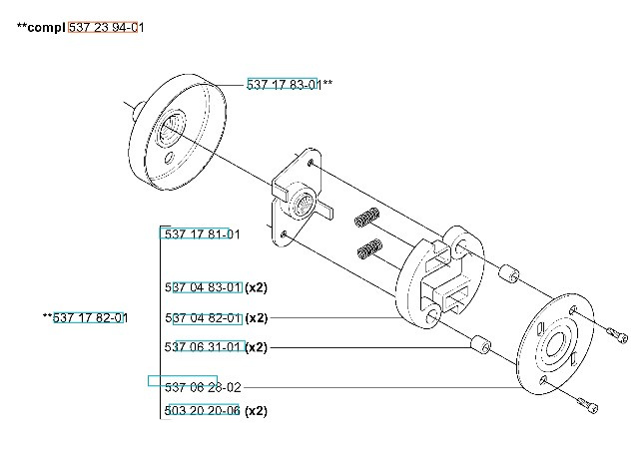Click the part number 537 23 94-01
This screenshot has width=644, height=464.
(107, 28)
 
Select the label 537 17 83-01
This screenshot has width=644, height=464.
(284, 85)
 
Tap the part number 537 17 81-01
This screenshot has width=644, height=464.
(201, 234)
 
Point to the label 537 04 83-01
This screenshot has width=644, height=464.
(203, 287)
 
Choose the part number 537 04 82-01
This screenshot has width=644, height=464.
(203, 318)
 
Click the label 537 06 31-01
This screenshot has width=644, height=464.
(203, 347)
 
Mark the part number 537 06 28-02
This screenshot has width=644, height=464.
(203, 386)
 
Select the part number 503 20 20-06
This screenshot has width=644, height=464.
(203, 411)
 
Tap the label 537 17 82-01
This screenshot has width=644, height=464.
(90, 318)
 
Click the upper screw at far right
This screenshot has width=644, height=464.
(616, 333)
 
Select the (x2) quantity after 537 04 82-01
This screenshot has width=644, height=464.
(256, 318)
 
